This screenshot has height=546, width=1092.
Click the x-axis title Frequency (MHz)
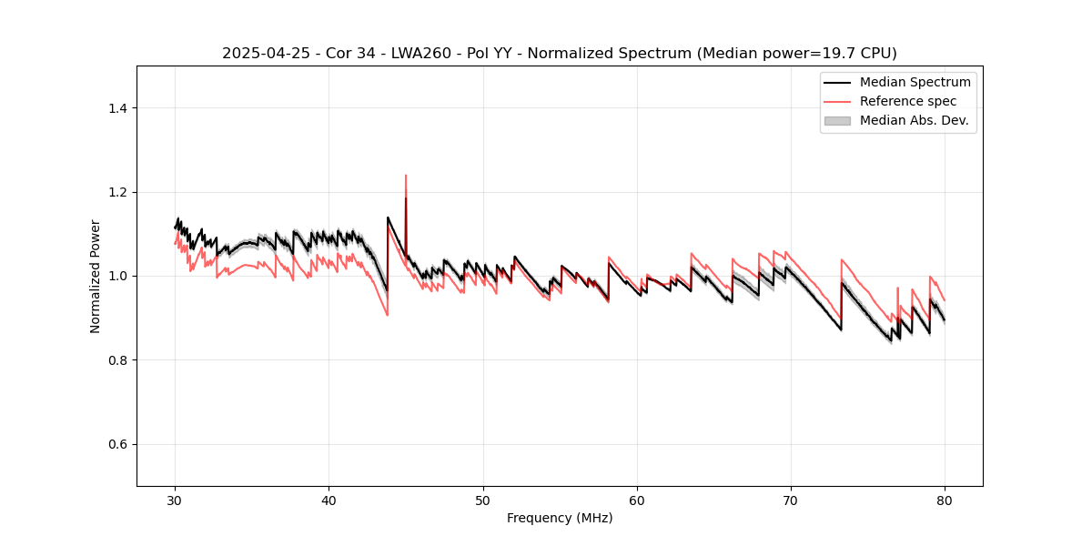click(x=560, y=518)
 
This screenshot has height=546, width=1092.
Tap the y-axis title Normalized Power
click(x=96, y=276)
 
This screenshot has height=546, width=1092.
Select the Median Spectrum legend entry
click(x=915, y=82)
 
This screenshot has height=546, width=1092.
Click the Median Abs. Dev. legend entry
click(x=914, y=120)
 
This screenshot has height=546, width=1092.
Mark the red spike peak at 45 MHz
click(x=406, y=176)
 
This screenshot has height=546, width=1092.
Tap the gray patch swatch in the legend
click(x=837, y=120)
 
